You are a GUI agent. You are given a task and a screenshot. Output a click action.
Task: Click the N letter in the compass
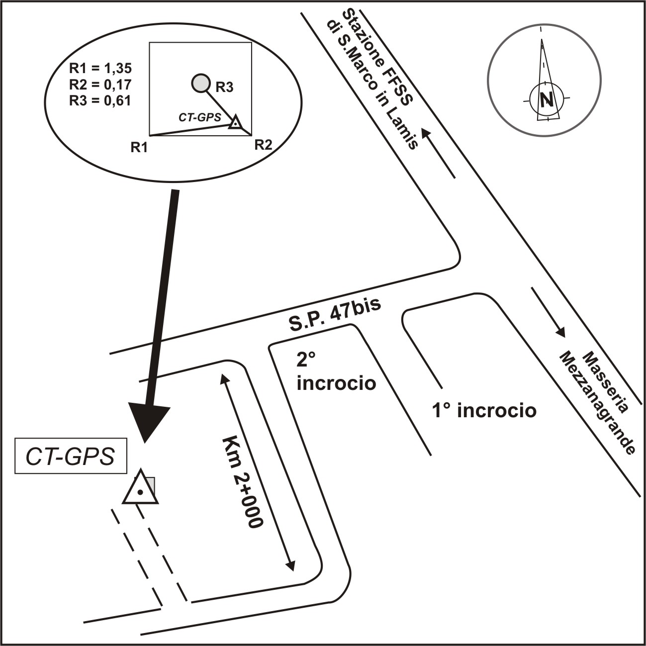click(547, 100)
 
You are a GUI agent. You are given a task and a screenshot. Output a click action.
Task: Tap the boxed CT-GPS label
click(70, 456)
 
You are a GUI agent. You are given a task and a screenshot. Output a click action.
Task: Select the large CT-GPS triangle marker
click(141, 489)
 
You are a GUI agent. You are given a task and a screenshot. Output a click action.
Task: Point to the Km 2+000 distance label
click(242, 482)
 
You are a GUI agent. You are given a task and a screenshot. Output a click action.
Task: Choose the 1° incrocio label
click(484, 411)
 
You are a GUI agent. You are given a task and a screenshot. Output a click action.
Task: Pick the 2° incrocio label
click(336, 372)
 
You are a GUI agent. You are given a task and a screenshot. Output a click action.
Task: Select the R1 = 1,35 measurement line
click(99, 69)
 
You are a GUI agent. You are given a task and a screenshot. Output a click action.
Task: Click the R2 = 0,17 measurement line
click(99, 85)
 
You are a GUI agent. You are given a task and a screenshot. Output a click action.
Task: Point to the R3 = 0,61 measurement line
click(99, 100)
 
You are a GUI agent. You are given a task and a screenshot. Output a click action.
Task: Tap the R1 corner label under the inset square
click(139, 147)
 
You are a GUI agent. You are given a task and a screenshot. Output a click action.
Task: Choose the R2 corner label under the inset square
click(263, 145)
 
